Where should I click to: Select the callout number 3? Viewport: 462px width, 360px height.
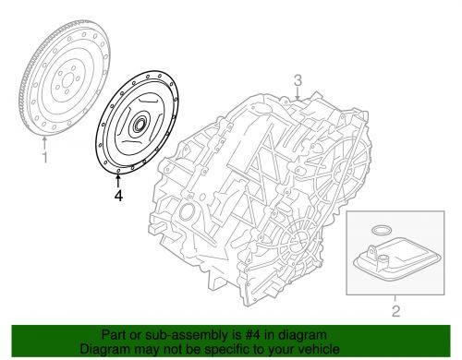298,78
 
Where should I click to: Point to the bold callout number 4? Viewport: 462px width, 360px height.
117,195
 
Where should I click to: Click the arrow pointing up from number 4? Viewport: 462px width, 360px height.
117,179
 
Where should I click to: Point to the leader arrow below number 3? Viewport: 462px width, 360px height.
298,92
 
